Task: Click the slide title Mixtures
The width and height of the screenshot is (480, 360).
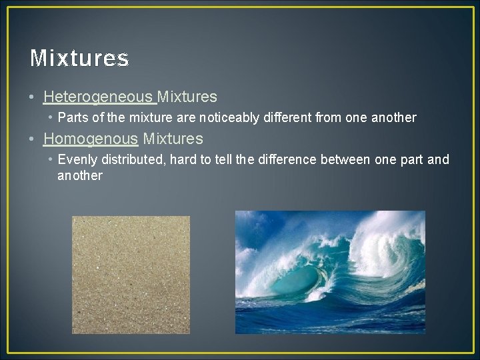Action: tap(79, 59)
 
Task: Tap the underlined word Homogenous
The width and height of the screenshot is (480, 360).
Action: tap(90, 139)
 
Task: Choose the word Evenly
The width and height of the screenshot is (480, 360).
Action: tap(76, 160)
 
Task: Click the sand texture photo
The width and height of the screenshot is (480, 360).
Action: tap(131, 275)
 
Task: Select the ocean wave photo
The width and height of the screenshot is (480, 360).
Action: tap(330, 272)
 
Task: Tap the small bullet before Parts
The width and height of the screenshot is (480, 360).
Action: tap(51, 118)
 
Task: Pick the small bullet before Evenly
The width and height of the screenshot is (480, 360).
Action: tap(51, 160)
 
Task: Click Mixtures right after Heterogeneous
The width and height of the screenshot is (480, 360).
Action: tap(187, 97)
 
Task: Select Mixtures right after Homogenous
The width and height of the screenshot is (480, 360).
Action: tap(173, 139)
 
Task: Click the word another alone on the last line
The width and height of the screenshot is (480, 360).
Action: tap(80, 176)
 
